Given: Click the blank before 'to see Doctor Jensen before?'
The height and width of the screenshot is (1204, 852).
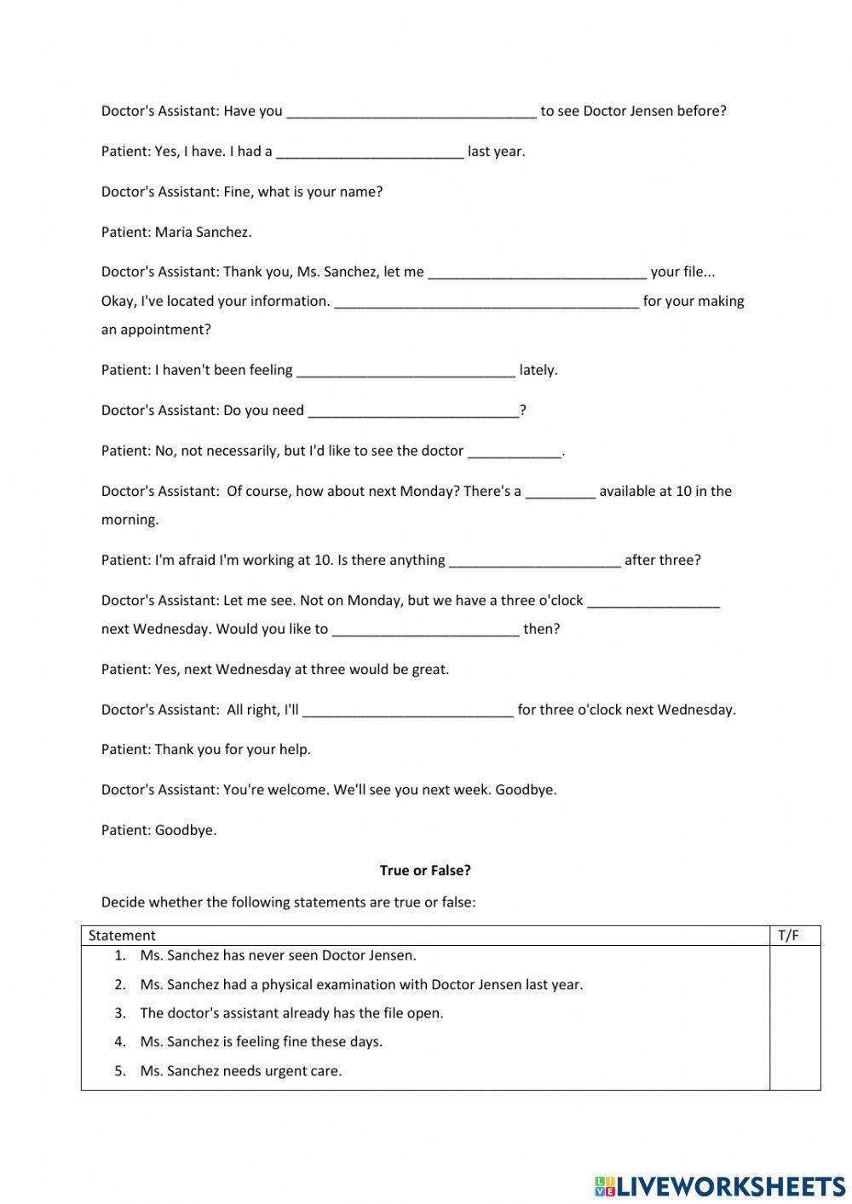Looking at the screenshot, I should [x=412, y=111].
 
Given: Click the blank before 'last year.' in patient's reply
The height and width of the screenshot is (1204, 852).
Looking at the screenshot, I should [x=370, y=152].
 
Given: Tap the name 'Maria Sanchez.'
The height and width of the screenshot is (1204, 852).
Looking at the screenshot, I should [x=203, y=232].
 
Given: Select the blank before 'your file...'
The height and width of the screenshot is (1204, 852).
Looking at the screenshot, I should [x=537, y=273].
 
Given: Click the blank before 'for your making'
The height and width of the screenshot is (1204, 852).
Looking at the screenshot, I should [x=486, y=302].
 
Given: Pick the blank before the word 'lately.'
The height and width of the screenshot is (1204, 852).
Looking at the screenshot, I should [x=406, y=371].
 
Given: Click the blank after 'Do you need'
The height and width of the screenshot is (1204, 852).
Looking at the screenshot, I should [x=413, y=411].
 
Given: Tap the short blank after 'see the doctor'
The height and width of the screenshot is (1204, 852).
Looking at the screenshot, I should [x=515, y=451].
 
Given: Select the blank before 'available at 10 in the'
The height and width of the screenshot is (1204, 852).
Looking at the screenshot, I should [x=560, y=492].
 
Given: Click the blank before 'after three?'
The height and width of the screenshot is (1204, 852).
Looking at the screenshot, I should [x=534, y=561].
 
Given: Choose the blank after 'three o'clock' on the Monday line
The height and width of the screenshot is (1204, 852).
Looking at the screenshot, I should [x=653, y=601].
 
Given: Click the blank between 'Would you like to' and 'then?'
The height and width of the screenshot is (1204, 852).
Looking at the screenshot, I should [x=425, y=630].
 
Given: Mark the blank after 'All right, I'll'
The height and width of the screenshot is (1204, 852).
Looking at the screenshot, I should [x=408, y=710].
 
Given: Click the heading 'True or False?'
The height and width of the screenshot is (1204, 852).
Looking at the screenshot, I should [x=425, y=870].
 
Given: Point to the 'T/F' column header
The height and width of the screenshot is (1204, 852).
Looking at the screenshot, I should [x=788, y=936].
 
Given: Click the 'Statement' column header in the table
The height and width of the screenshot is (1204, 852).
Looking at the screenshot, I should [x=122, y=936].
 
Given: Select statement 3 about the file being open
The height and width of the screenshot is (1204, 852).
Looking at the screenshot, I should [x=291, y=1013].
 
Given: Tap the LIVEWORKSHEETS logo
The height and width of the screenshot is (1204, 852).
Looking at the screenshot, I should [x=719, y=1185].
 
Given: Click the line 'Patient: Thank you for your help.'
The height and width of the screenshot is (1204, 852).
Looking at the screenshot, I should [x=206, y=750].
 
